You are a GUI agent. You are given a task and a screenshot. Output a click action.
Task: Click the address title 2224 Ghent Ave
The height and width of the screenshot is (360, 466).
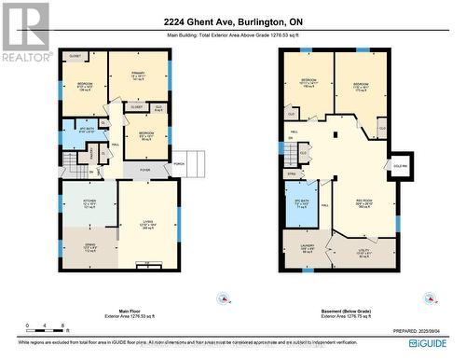[x=233, y=22]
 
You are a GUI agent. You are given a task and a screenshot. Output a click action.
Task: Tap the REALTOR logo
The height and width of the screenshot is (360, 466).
[x=25, y=32]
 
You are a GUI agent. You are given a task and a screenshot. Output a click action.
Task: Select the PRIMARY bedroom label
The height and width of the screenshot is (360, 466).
[x=141, y=76]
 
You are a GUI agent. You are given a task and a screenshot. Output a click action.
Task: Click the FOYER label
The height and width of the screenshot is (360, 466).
[x=145, y=170]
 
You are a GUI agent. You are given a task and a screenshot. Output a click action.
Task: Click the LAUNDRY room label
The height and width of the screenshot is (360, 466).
[x=308, y=249]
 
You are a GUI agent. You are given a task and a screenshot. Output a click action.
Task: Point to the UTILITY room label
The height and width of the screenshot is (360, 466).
[x=365, y=252]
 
